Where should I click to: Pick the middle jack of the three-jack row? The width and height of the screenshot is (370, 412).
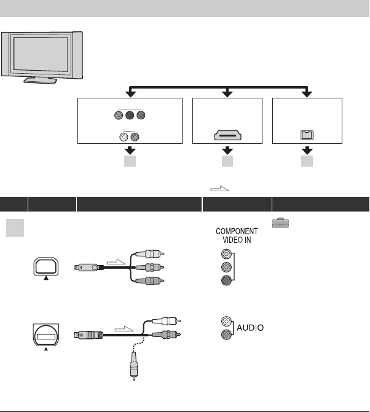pyautogui.click(x=129, y=114)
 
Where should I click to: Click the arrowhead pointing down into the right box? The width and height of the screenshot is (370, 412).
pyautogui.click(x=306, y=93)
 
